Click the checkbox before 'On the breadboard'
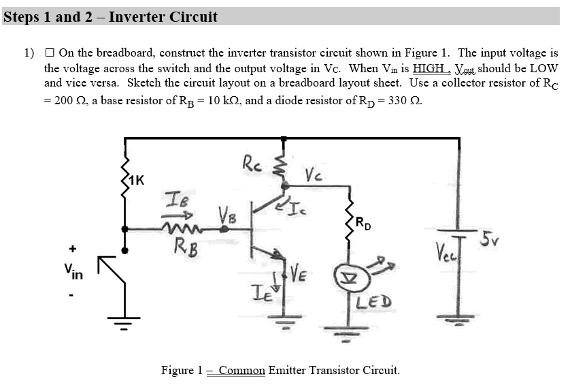point(50,53)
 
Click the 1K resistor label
point(136,181)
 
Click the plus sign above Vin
point(71,249)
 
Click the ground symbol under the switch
point(124,320)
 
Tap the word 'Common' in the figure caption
point(241,371)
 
